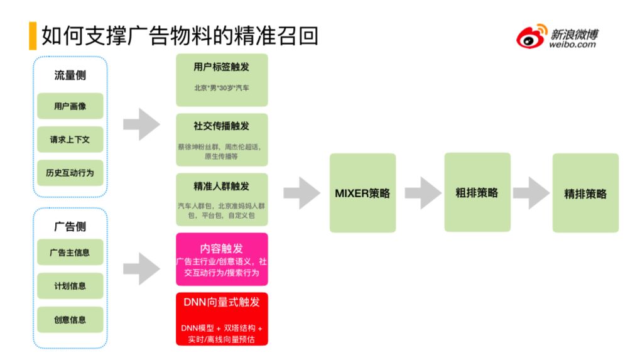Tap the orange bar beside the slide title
[x=33, y=36]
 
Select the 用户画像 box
[x=70, y=106]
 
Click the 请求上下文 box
[x=70, y=139]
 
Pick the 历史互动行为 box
[x=70, y=173]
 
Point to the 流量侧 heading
[x=70, y=75]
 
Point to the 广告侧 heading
[x=70, y=226]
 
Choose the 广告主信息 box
[x=70, y=253]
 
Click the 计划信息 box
[x=70, y=286]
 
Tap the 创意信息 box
[x=70, y=320]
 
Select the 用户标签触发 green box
[x=222, y=80]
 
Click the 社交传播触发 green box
[x=222, y=139]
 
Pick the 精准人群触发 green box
[x=222, y=199]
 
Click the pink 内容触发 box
[x=222, y=259]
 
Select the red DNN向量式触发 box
[x=222, y=319]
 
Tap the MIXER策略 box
[x=362, y=193]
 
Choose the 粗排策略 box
[x=477, y=192]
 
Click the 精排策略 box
[x=585, y=193]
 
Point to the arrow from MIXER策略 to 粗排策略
[x=423, y=193]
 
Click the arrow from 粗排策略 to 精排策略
[x=531, y=193]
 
